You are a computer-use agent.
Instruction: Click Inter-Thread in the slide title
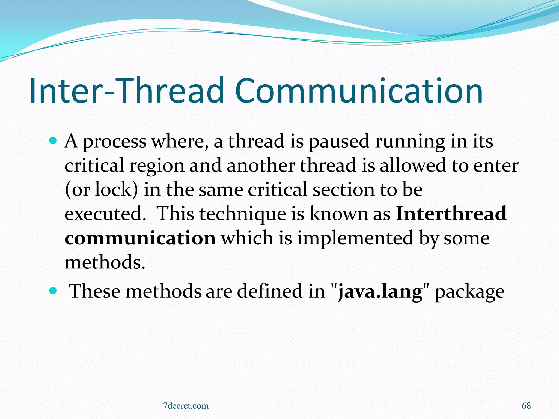pos(126,91)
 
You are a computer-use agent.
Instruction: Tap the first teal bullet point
pos(53,141)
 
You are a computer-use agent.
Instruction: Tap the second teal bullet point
pos(53,291)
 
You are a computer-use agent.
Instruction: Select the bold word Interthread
pos(451,214)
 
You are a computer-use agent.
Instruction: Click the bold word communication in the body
pos(140,238)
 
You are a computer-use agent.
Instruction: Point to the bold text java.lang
pos(380,291)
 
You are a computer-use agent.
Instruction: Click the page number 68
pos(526,406)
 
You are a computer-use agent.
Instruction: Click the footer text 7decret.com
pos(186,406)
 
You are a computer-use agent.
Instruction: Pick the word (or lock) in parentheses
pos(101,190)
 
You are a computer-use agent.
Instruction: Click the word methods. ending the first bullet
pos(105,262)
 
